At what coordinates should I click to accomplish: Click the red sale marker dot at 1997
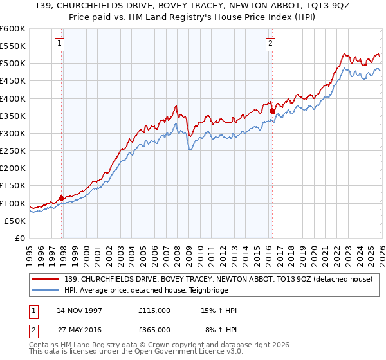click(x=62, y=198)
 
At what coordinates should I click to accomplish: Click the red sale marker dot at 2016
click(x=272, y=111)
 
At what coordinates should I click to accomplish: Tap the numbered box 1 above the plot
click(x=59, y=44)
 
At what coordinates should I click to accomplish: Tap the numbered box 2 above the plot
click(x=270, y=44)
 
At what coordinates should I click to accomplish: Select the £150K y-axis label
click(x=13, y=186)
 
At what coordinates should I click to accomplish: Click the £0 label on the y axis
click(x=19, y=238)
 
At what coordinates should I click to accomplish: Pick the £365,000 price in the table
click(x=154, y=329)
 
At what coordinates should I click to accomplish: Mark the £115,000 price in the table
click(x=154, y=310)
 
